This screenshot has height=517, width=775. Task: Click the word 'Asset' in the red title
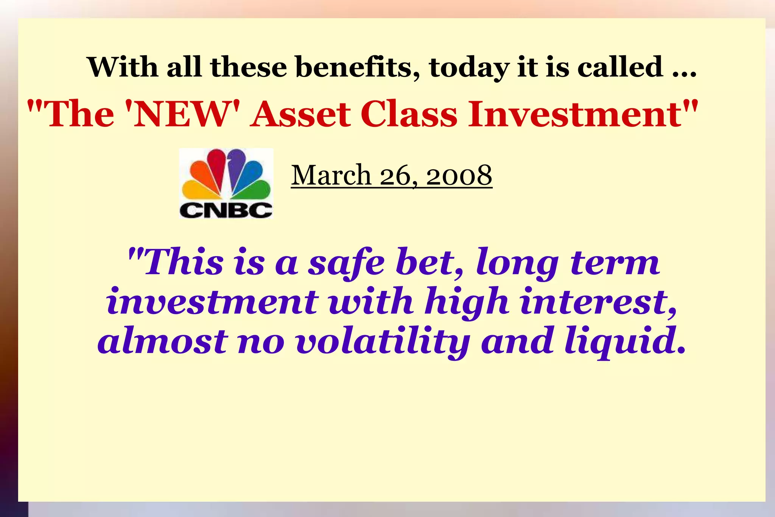click(x=300, y=114)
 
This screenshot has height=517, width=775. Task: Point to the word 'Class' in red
click(x=409, y=114)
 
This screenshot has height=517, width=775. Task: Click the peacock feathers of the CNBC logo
click(x=226, y=174)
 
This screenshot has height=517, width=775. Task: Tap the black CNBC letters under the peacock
click(x=226, y=210)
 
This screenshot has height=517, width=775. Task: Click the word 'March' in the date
click(x=331, y=175)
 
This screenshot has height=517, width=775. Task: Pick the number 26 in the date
click(x=395, y=175)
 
